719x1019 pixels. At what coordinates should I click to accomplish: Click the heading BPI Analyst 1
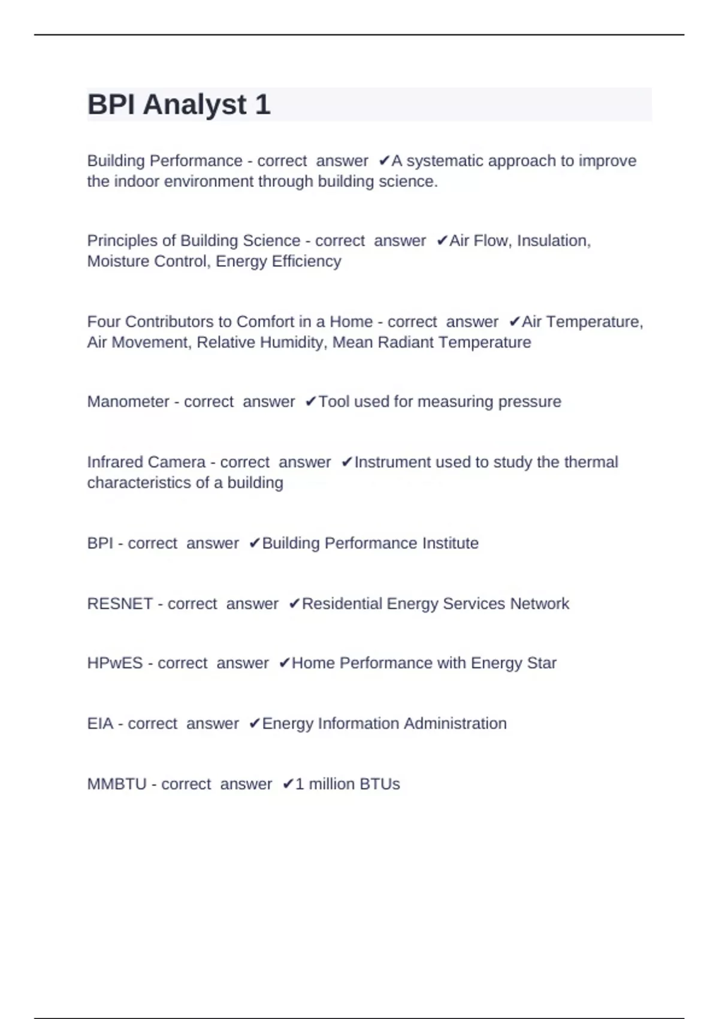click(x=179, y=105)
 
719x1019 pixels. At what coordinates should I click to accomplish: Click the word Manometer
click(x=128, y=402)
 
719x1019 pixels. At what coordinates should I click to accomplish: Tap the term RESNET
click(x=120, y=604)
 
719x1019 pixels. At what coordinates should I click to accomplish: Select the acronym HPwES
click(x=115, y=664)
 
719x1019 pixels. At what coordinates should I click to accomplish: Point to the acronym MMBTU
click(x=117, y=784)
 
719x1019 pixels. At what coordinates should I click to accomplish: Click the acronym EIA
click(x=100, y=724)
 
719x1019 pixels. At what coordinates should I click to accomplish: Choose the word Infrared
click(x=116, y=462)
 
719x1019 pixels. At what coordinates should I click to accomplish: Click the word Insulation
click(x=553, y=241)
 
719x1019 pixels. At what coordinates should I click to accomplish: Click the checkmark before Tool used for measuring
click(x=310, y=402)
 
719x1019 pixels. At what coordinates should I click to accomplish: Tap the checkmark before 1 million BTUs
click(x=288, y=784)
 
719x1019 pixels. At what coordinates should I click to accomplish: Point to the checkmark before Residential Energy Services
click(x=294, y=604)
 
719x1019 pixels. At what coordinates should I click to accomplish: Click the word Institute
click(x=450, y=544)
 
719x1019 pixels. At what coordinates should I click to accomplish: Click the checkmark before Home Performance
click(x=285, y=664)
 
